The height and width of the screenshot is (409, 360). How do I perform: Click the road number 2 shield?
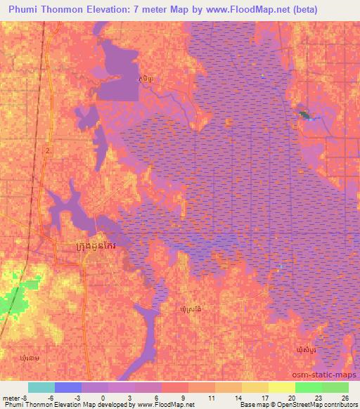[48, 151]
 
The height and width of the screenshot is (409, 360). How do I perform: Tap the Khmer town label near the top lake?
[144, 79]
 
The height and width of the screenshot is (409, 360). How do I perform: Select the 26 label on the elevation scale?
[345, 398]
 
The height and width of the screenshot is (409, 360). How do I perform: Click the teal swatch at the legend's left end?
[41, 387]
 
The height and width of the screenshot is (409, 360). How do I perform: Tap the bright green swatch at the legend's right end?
[335, 387]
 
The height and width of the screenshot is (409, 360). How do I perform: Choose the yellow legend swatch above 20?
[281, 387]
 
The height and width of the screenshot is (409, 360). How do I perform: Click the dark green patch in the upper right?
[304, 114]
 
